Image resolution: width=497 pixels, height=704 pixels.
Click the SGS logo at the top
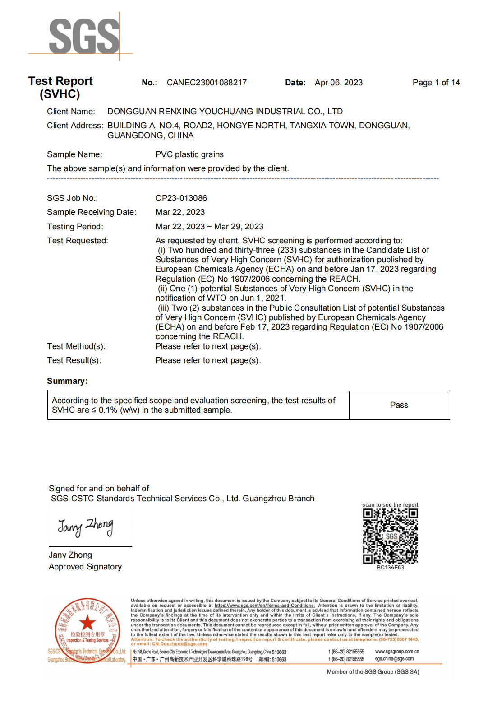click(x=84, y=36)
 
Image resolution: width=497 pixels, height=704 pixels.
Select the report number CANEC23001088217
click(x=207, y=83)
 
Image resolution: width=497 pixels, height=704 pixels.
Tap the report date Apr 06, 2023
click(x=338, y=83)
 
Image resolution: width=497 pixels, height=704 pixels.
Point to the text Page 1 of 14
click(x=436, y=83)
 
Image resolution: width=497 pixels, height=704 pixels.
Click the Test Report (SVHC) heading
click(x=60, y=87)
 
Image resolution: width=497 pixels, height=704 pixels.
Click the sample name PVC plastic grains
click(x=189, y=154)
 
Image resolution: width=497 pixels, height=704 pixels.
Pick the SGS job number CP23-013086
click(x=181, y=198)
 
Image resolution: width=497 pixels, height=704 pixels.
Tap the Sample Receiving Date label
click(x=92, y=212)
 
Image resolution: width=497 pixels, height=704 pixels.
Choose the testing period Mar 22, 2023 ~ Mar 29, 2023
click(x=209, y=227)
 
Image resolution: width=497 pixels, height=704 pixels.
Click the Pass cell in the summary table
click(x=399, y=405)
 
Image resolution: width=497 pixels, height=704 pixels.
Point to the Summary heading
click(x=67, y=381)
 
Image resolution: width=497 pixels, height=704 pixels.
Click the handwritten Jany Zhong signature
click(x=85, y=526)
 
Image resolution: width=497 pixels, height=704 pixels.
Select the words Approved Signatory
click(x=85, y=567)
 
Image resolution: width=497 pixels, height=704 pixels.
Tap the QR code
click(x=390, y=536)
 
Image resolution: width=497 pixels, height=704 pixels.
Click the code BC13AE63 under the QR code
click(x=390, y=568)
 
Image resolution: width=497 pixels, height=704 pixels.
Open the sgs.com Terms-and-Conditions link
click(x=264, y=606)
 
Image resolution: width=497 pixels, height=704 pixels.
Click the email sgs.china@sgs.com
click(x=394, y=659)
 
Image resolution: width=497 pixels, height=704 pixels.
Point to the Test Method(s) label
click(x=76, y=346)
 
